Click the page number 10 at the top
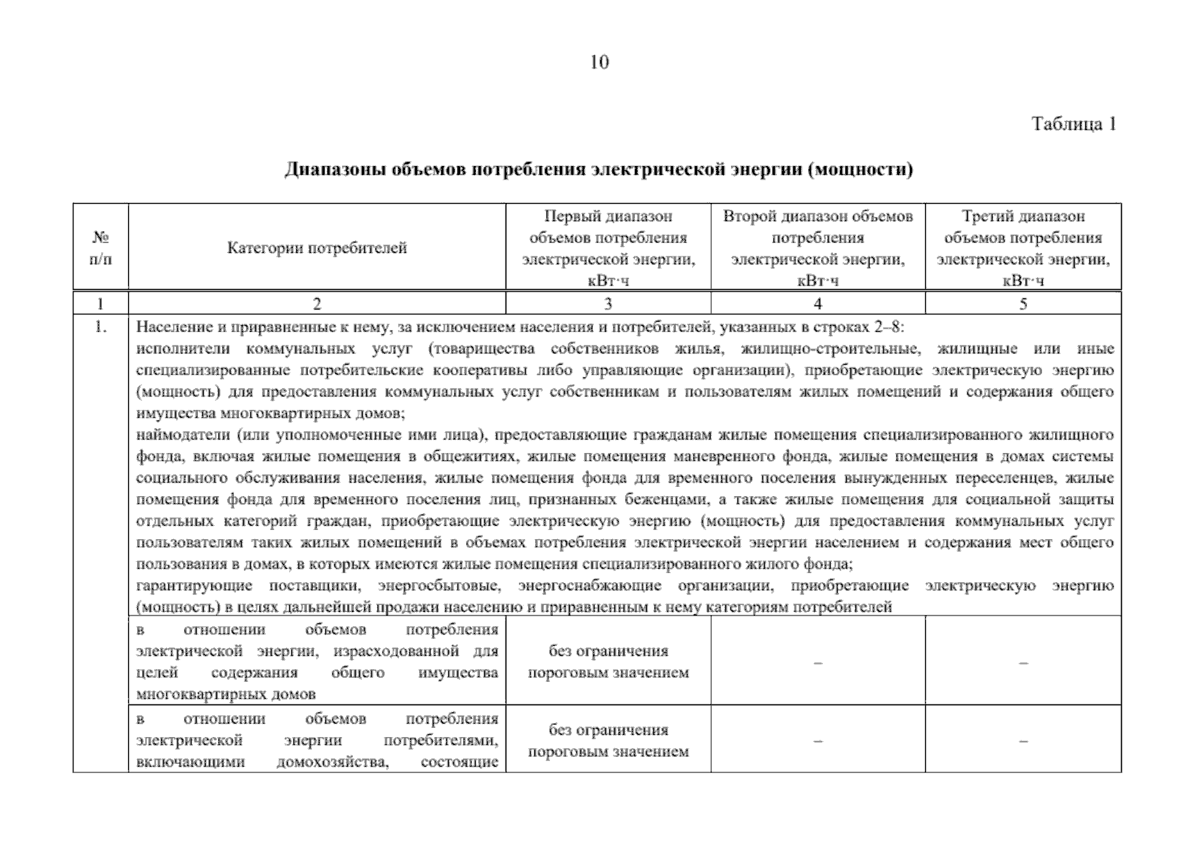click(x=599, y=62)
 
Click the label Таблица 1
click(x=1073, y=124)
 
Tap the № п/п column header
click(x=100, y=248)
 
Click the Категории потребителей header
click(x=317, y=248)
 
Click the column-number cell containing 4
click(x=817, y=304)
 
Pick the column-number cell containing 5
click(x=1023, y=304)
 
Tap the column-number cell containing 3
click(x=608, y=304)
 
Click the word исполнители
click(x=180, y=348)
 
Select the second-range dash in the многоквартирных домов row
click(x=817, y=663)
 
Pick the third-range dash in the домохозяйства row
click(x=1023, y=741)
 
